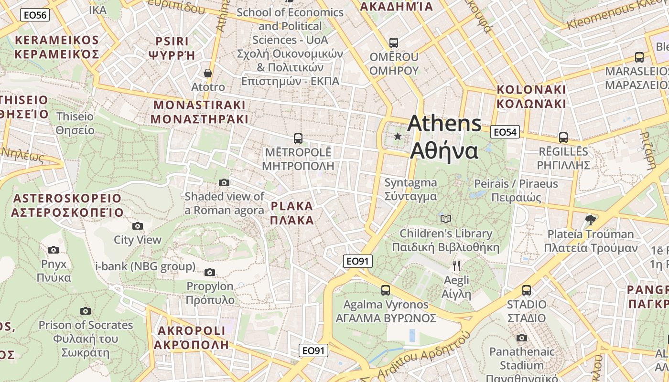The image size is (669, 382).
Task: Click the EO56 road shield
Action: click(35, 15)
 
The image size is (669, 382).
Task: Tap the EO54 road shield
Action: click(505, 132)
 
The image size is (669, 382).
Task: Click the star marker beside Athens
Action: click(398, 137)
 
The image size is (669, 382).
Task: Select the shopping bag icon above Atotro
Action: click(208, 73)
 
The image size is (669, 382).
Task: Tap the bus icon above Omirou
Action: click(394, 43)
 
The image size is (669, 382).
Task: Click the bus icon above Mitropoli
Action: click(298, 138)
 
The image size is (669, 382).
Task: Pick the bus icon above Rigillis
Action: click(563, 138)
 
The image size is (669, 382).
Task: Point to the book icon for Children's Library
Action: click(446, 219)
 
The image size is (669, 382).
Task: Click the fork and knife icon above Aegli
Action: click(456, 266)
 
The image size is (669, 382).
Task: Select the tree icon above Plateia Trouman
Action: click(591, 220)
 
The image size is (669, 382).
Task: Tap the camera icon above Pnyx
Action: click(54, 250)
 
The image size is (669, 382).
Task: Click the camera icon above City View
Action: click(138, 226)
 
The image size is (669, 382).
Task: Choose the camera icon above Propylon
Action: click(209, 273)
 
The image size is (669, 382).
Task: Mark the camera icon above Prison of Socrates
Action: click(86, 311)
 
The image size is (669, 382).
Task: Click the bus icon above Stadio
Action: click(527, 290)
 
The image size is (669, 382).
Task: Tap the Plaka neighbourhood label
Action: click(292, 213)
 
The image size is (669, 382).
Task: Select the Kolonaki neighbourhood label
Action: click(531, 96)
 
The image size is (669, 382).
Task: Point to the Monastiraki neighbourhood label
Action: click(199, 112)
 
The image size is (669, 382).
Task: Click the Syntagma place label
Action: click(411, 189)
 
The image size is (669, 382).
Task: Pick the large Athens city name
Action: click(444, 137)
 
